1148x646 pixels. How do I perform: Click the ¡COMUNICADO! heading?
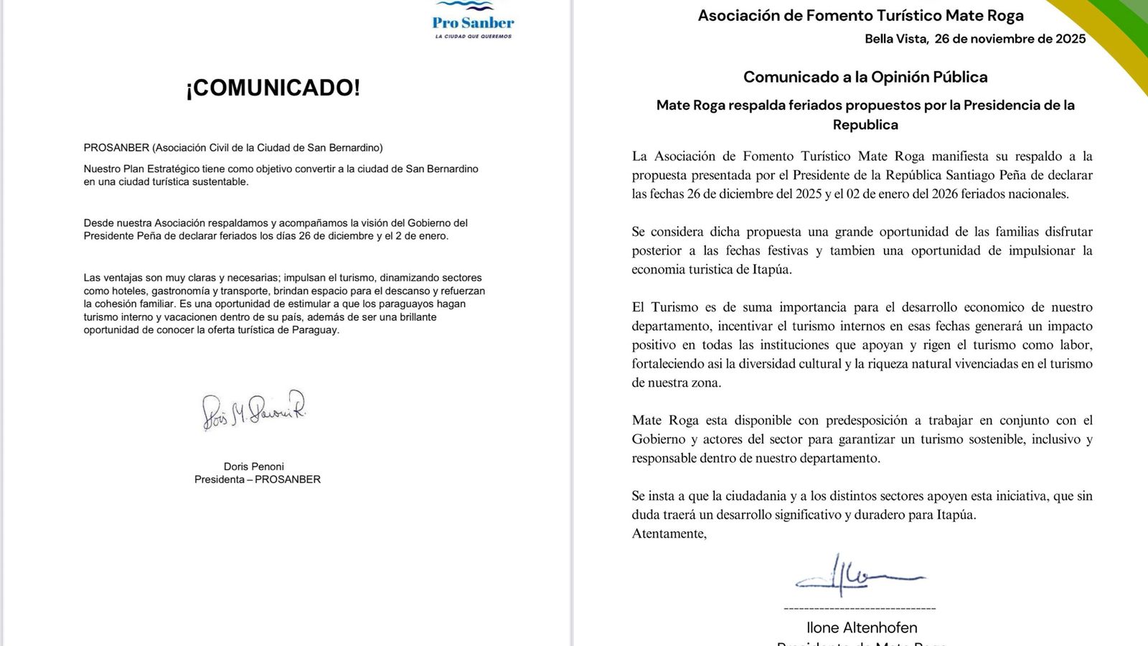tap(273, 88)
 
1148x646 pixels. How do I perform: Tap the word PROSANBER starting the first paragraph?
tap(116, 148)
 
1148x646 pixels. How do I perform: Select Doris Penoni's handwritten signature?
tap(254, 410)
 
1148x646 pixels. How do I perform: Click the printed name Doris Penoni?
tap(254, 467)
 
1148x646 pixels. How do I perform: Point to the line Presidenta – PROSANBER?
tap(257, 479)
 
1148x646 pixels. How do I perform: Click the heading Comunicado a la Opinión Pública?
tap(865, 77)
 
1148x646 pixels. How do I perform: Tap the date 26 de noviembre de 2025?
tap(1010, 39)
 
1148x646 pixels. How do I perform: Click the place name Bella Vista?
tap(895, 39)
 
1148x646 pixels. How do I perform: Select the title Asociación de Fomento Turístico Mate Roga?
tap(860, 15)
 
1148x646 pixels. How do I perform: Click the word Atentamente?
tap(669, 533)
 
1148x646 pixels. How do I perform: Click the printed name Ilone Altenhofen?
tap(862, 627)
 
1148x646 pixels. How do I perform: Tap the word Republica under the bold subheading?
tap(865, 124)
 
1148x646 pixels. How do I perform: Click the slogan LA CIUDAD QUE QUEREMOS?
tap(473, 36)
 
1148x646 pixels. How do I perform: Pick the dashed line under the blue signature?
tap(860, 609)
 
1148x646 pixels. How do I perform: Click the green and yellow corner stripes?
tap(1113, 36)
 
